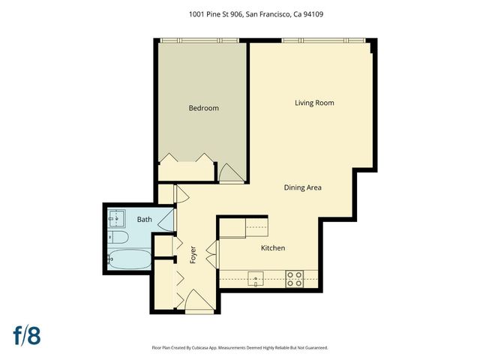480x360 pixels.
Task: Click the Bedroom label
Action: click(203, 108)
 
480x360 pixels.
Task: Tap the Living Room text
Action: click(314, 103)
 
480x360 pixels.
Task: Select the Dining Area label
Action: click(302, 187)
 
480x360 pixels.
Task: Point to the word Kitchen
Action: click(272, 248)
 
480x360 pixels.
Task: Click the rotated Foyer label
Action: click(193, 253)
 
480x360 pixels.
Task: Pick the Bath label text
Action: click(144, 220)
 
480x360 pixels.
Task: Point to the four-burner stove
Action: click(295, 279)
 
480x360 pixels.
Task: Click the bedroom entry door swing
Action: click(230, 173)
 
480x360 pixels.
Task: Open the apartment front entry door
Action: click(199, 303)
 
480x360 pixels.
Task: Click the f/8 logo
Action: click(26, 334)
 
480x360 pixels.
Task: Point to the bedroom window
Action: click(202, 40)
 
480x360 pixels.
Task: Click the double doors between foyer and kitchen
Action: click(211, 250)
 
